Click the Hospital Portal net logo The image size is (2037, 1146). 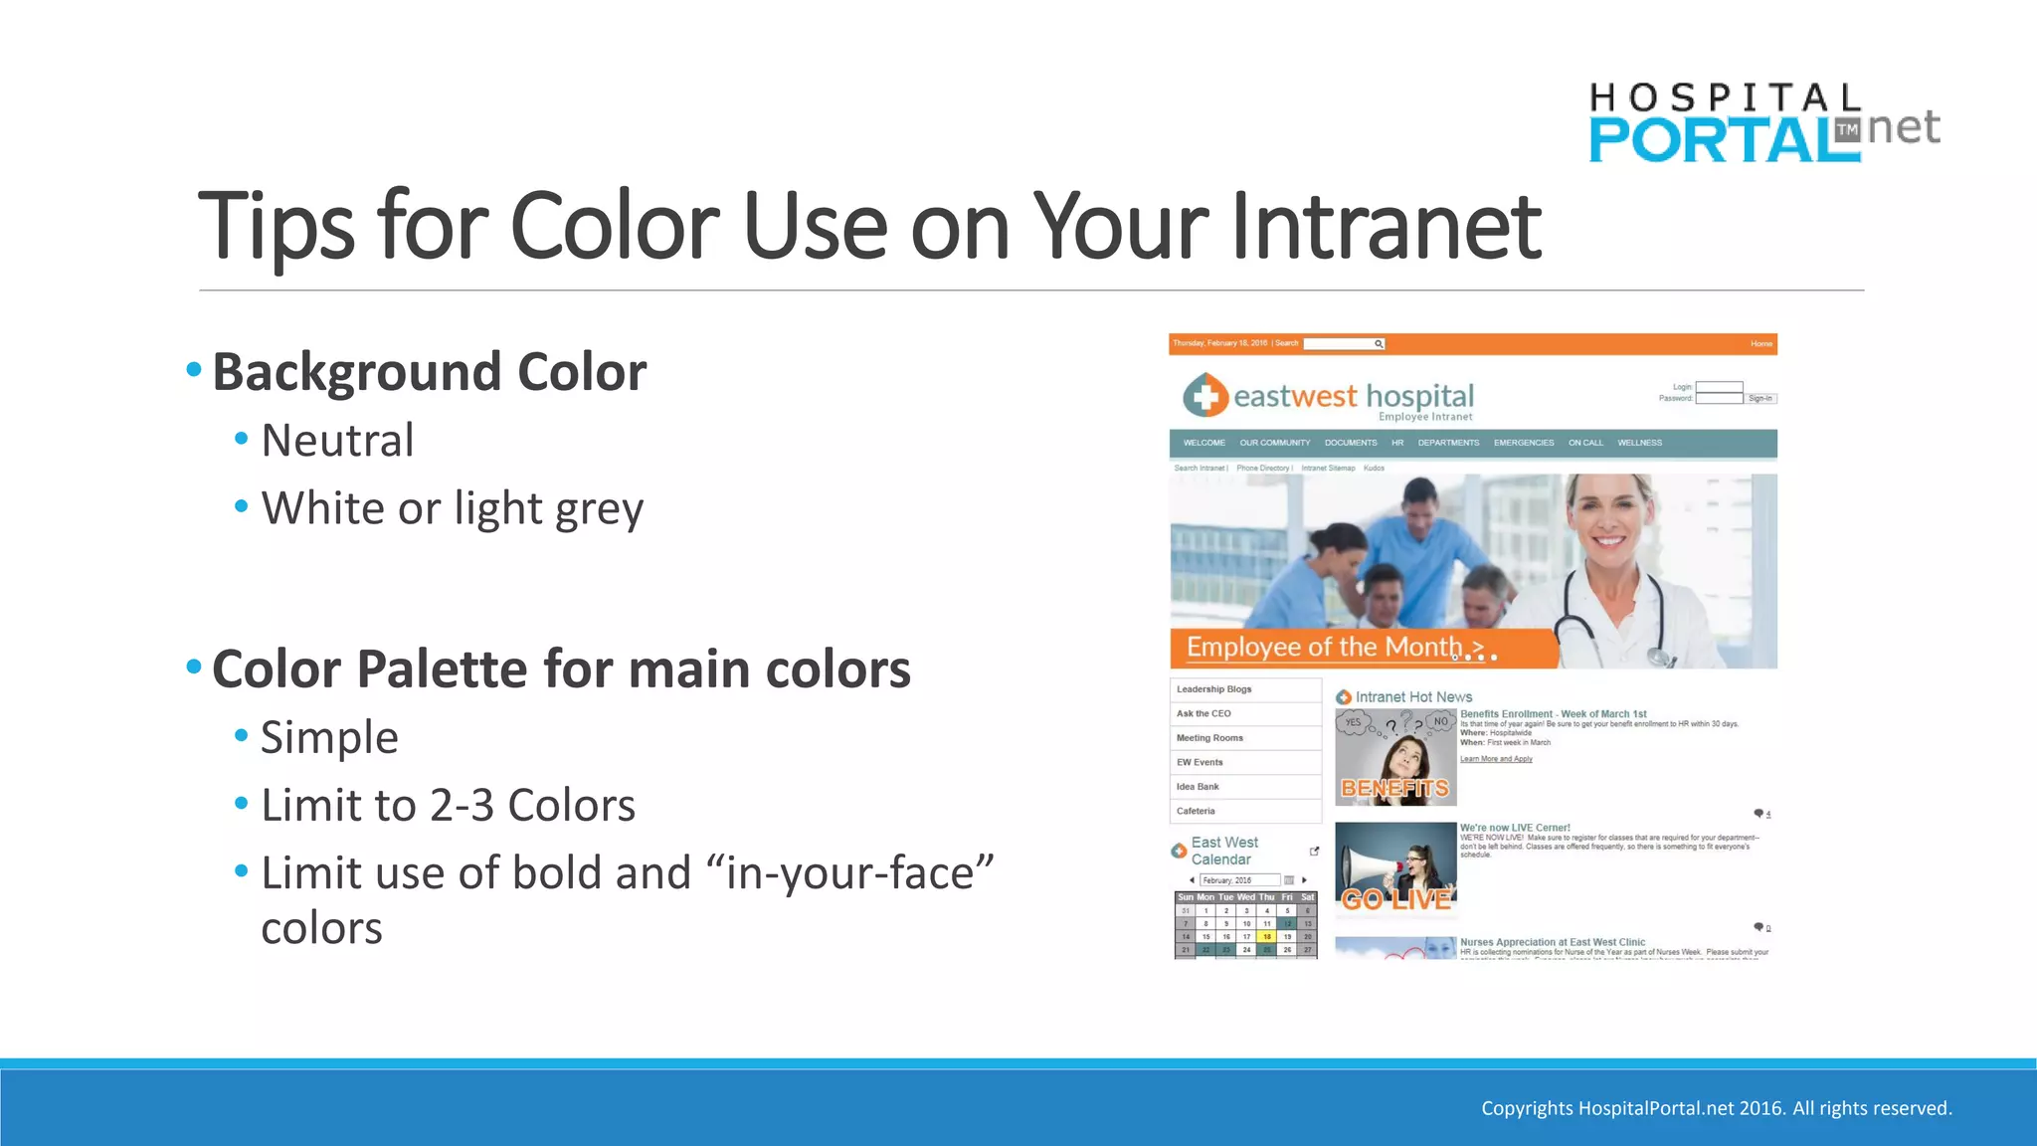pyautogui.click(x=1761, y=124)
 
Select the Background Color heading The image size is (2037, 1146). pyautogui.click(x=429, y=372)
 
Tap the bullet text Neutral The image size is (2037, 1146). pyautogui.click(x=337, y=441)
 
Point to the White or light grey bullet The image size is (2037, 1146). pyautogui.click(x=452, y=508)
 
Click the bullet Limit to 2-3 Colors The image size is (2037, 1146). pyautogui.click(x=448, y=806)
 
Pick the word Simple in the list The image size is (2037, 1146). pyautogui.click(x=329, y=738)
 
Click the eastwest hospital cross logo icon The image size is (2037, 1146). pyautogui.click(x=1205, y=396)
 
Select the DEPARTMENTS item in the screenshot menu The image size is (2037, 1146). pyautogui.click(x=1448, y=443)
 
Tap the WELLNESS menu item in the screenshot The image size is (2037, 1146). pyautogui.click(x=1639, y=443)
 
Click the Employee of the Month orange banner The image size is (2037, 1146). pyautogui.click(x=1363, y=648)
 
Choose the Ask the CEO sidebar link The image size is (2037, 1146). pyautogui.click(x=1204, y=713)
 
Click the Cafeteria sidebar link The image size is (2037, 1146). pyautogui.click(x=1196, y=811)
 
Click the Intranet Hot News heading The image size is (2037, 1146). pyautogui.click(x=1412, y=697)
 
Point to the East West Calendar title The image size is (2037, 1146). pyautogui.click(x=1224, y=851)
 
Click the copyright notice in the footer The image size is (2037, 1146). pyautogui.click(x=1716, y=1108)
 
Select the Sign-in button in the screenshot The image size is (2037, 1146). pyautogui.click(x=1759, y=399)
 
